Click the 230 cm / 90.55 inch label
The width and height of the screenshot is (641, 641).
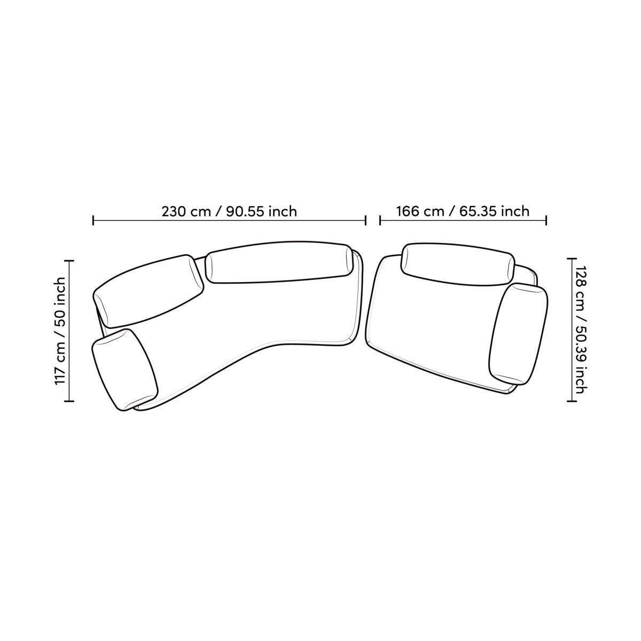tap(229, 212)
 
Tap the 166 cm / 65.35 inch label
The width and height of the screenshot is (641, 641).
tap(463, 211)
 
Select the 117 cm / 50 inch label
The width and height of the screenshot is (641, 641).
tap(60, 331)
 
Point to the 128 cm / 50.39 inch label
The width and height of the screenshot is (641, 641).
tap(581, 330)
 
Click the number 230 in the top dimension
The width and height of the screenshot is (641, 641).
tap(174, 212)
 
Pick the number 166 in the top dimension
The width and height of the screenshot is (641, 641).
tap(408, 211)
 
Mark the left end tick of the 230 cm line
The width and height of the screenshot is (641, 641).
tap(93, 220)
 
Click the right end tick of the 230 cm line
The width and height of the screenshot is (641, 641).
tap(365, 220)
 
